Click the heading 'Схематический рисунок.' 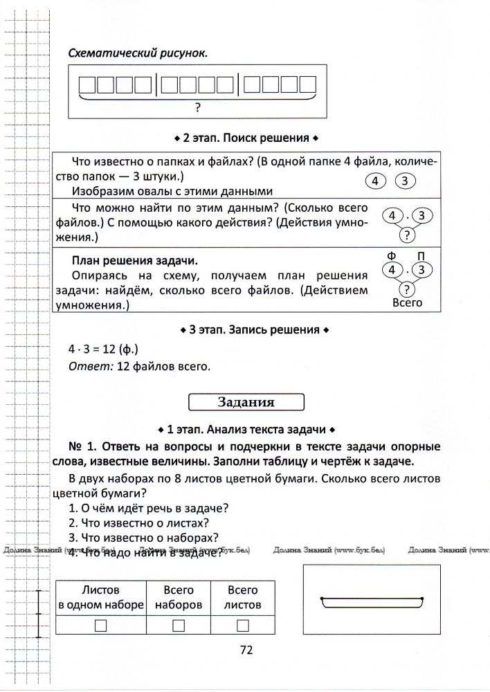click(x=138, y=53)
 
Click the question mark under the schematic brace click(x=198, y=107)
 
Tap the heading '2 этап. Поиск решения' click(x=247, y=138)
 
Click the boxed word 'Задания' click(x=246, y=402)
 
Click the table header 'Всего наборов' click(x=179, y=597)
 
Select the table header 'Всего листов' click(x=242, y=597)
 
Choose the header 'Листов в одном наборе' click(x=101, y=597)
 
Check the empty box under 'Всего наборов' click(x=179, y=625)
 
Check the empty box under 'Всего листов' click(x=242, y=625)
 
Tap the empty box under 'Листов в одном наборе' click(x=101, y=625)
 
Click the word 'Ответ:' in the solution click(x=87, y=366)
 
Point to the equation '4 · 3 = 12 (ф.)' click(x=103, y=349)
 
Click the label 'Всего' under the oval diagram click(x=407, y=303)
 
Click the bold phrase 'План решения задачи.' click(x=134, y=261)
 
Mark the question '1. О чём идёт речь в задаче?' click(x=149, y=508)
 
